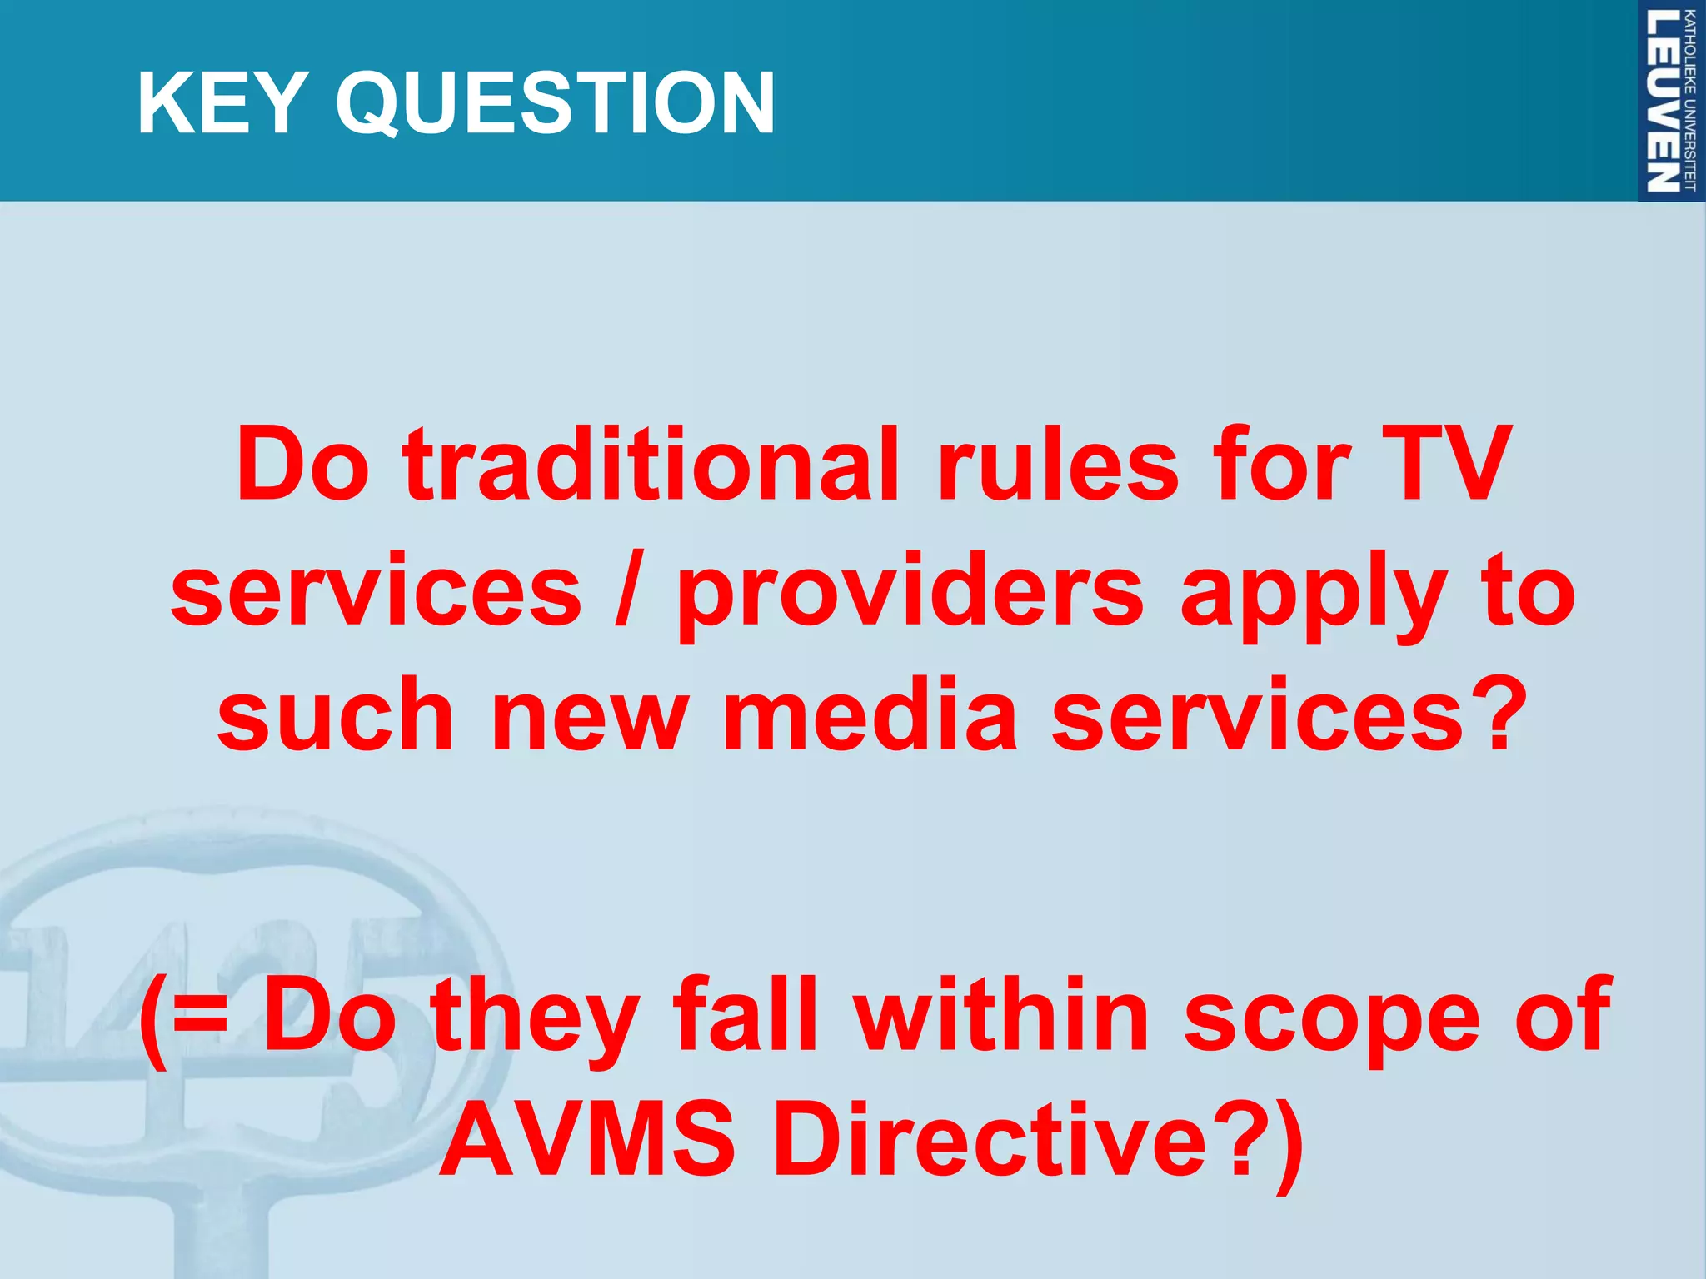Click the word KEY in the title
point(218,103)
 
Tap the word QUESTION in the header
point(555,103)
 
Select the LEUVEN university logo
point(1670,101)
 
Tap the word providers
point(910,593)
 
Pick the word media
point(870,714)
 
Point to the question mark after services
point(1499,714)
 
